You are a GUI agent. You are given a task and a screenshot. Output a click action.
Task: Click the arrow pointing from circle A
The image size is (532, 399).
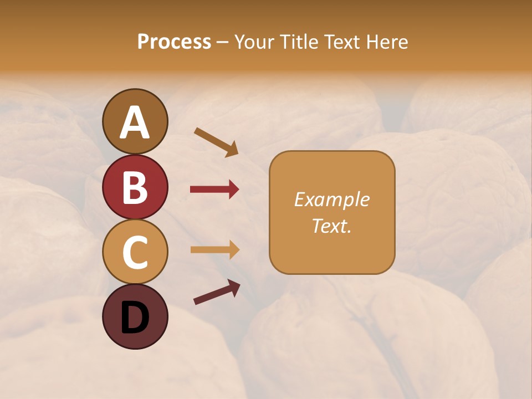tap(216, 141)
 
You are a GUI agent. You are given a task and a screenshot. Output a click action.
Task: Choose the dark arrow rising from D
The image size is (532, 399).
tap(217, 293)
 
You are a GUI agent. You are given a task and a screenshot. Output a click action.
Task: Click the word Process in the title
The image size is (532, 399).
tap(174, 42)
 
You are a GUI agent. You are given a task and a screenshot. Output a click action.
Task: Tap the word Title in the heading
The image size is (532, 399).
tap(299, 42)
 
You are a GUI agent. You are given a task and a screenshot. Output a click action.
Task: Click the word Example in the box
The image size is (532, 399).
tap(332, 199)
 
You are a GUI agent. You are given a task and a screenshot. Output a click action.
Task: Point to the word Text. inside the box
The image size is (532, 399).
tap(332, 226)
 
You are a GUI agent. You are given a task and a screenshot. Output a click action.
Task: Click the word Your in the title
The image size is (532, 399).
tap(254, 42)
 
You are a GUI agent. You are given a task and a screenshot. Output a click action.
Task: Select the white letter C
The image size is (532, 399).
tap(135, 253)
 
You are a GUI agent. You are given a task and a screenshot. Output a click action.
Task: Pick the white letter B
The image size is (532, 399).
tap(135, 187)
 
